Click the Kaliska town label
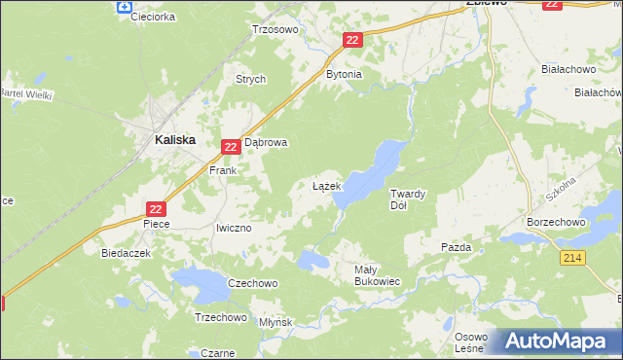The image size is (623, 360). tap(175, 139)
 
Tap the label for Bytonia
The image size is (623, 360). tap(344, 74)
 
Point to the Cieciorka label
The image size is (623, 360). tap(152, 17)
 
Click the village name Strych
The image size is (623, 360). tap(250, 80)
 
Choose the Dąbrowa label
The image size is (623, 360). tap(266, 142)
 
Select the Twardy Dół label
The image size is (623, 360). tap(407, 198)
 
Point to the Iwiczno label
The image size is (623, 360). tap(234, 228)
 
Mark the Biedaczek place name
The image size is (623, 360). tap(124, 252)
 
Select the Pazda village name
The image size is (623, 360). tap(456, 247)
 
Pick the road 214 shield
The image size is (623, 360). tap(571, 257)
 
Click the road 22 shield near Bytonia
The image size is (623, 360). tap(352, 39)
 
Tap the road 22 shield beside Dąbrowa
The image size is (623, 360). tap(231, 147)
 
